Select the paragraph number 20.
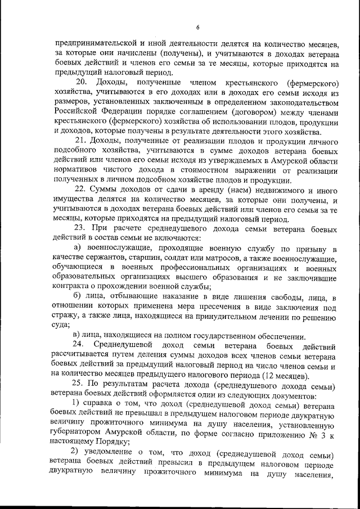pyautogui.click(x=81, y=83)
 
